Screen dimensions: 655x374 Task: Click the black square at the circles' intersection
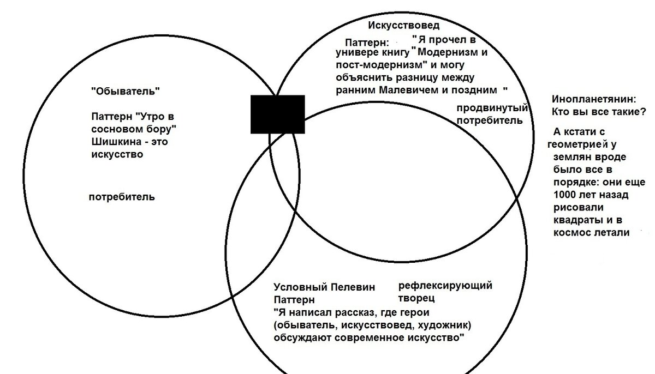277,113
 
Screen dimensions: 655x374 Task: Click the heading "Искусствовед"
403,25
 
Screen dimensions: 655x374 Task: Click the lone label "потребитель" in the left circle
121,197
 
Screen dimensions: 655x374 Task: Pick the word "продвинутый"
492,108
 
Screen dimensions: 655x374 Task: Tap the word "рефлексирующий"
445,286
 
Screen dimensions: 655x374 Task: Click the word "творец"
416,298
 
